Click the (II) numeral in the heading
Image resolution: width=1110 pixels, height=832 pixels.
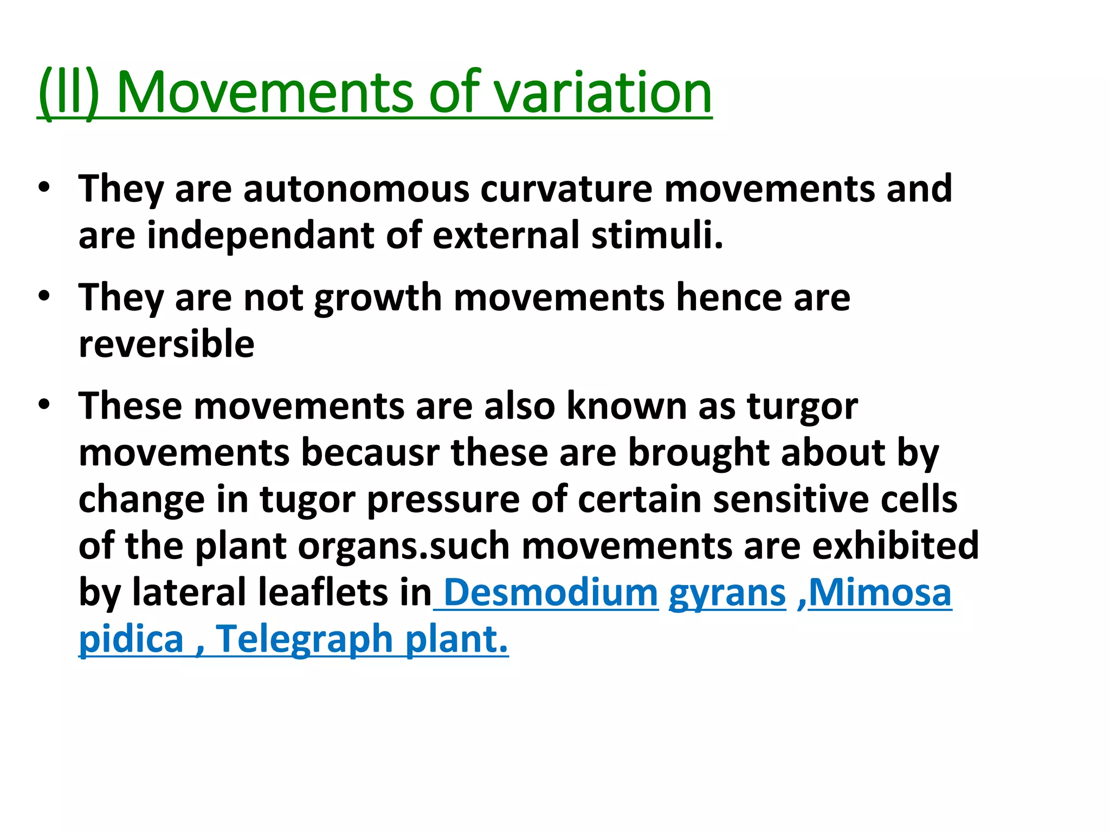pyautogui.click(x=69, y=93)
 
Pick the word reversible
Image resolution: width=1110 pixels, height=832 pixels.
pyautogui.click(x=166, y=344)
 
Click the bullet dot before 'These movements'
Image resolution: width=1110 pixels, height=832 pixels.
pyautogui.click(x=44, y=404)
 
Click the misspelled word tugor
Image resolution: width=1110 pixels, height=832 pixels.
pyautogui.click(x=307, y=499)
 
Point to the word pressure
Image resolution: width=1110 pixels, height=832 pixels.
pyautogui.click(x=443, y=499)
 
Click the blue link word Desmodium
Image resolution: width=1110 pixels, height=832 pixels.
pyautogui.click(x=551, y=592)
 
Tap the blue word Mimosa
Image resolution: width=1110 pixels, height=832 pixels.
pyautogui.click(x=880, y=592)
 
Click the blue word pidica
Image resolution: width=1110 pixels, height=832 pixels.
pyautogui.click(x=131, y=639)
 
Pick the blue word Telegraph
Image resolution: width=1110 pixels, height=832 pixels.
pyautogui.click(x=304, y=639)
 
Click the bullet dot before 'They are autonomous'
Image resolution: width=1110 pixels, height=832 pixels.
pyautogui.click(x=44, y=187)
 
